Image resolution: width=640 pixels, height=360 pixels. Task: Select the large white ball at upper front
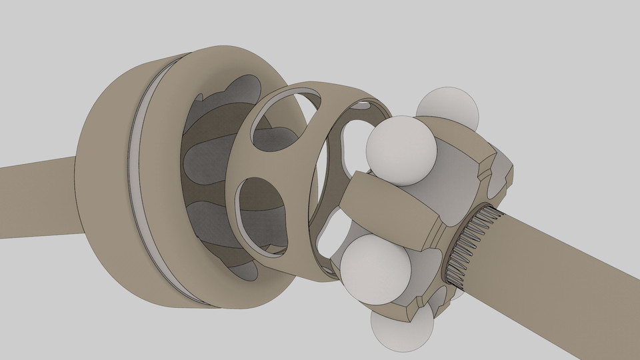(402, 150)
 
